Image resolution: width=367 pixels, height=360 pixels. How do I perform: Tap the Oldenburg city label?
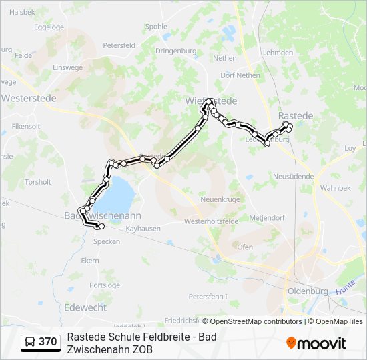pyautogui.click(x=308, y=291)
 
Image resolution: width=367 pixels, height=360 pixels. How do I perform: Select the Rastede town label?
pyautogui.click(x=295, y=116)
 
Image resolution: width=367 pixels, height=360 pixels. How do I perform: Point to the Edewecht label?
pyautogui.click(x=85, y=307)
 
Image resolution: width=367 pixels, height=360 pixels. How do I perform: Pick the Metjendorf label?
pyautogui.click(x=267, y=218)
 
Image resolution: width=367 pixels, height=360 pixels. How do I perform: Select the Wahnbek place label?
pyautogui.click(x=334, y=188)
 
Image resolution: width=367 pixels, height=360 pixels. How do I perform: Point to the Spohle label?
pyautogui.click(x=156, y=27)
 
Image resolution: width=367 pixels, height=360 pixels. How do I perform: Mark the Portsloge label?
pyautogui.click(x=105, y=285)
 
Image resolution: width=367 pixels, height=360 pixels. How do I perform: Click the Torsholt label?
pyautogui.click(x=37, y=182)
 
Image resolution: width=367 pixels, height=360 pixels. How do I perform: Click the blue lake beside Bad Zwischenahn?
pyautogui.click(x=119, y=193)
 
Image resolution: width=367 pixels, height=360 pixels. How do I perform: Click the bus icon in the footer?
pyautogui.click(x=30, y=342)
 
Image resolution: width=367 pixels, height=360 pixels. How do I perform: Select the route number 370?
pyautogui.click(x=48, y=342)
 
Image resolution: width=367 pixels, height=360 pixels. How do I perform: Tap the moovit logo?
pyautogui.click(x=316, y=343)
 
